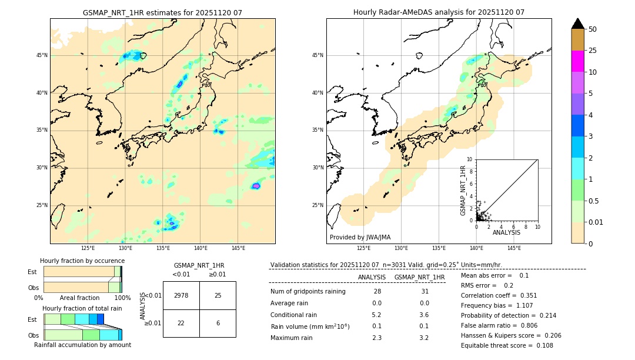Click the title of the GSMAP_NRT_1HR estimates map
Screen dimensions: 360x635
coord(162,12)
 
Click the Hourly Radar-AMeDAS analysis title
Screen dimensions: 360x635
coord(439,12)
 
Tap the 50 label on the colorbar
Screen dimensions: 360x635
coord(593,29)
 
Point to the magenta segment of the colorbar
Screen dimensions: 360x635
coord(577,61)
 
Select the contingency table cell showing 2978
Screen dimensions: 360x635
coord(181,295)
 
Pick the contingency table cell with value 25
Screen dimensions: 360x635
coord(218,295)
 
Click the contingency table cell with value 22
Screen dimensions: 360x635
coord(181,323)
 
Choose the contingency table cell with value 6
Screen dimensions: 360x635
coord(218,323)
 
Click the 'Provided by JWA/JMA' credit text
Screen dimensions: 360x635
coord(360,237)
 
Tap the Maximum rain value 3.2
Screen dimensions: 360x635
coord(423,338)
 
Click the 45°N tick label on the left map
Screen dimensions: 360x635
coord(42,55)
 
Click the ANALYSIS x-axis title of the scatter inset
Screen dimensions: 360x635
coord(506,232)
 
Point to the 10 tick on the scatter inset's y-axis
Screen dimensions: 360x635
coord(469,159)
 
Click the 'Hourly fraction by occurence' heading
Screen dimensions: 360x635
coord(82,261)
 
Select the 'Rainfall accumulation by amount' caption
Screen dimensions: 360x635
coord(82,345)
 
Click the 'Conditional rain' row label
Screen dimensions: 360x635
coord(296,315)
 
